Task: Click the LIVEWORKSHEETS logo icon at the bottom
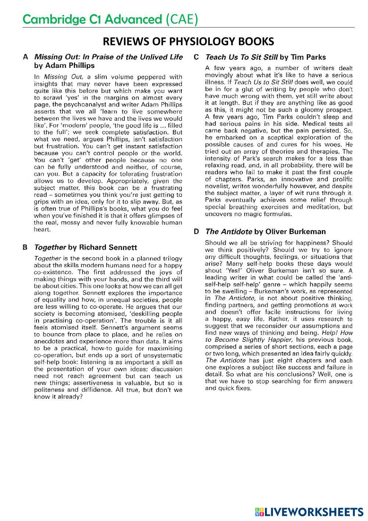(x=259, y=512)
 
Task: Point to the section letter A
(x=25, y=57)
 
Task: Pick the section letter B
(x=25, y=247)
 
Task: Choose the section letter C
(x=196, y=57)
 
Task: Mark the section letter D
(x=196, y=231)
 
